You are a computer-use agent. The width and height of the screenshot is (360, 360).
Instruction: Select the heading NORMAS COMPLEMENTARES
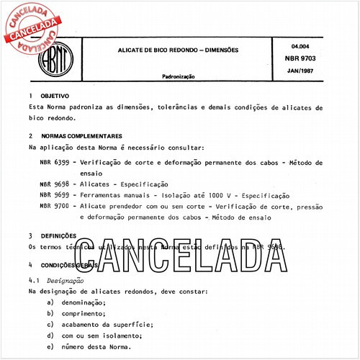[81, 135]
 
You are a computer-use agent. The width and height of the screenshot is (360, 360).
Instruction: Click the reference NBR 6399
[55, 163]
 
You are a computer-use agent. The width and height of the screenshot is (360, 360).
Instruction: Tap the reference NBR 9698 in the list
[55, 184]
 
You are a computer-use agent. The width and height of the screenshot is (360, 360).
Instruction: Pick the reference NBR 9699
[55, 195]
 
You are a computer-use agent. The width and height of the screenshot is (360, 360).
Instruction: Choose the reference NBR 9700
[55, 206]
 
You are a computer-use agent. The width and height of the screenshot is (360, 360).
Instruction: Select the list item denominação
[84, 302]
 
